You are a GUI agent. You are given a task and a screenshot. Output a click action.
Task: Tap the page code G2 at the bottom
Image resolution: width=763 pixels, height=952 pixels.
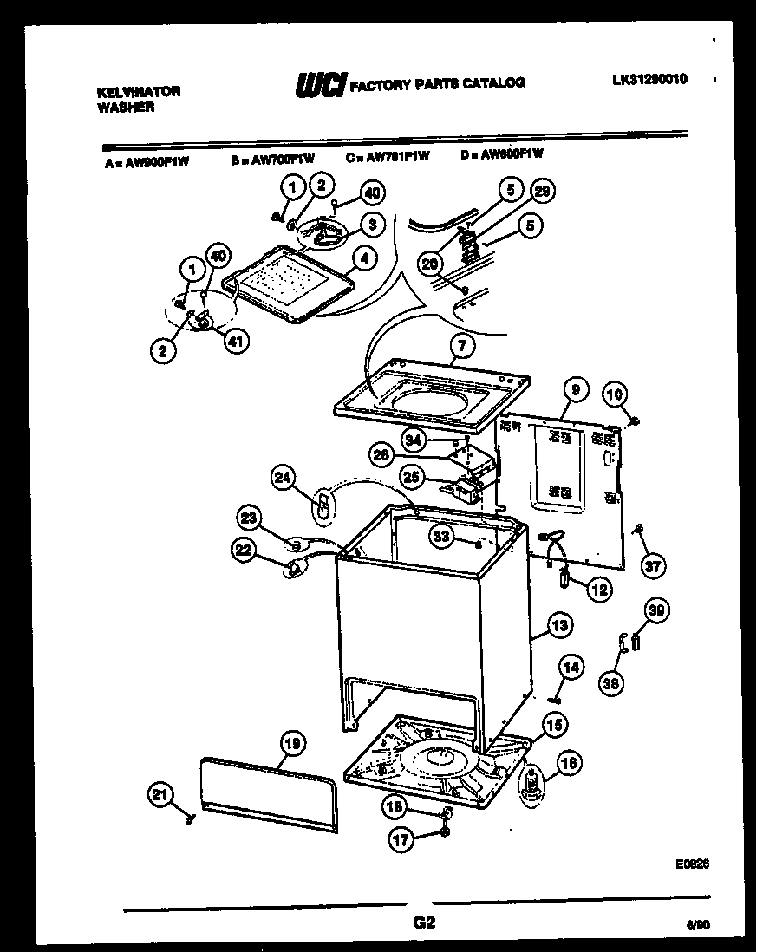(425, 923)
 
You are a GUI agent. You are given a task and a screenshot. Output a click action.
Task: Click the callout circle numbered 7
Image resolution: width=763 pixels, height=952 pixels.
(462, 346)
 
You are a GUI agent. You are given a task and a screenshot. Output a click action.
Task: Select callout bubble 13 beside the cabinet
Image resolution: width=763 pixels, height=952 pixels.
(559, 624)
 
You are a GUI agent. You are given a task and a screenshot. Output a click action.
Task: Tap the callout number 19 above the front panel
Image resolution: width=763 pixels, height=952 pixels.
(293, 742)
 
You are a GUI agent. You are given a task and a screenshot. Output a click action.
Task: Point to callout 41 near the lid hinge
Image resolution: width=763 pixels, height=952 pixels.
(234, 341)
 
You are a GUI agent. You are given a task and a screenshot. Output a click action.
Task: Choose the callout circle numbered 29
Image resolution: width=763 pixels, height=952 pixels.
(543, 192)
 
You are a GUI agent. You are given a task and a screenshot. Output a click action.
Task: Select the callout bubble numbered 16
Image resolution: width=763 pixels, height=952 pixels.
(569, 764)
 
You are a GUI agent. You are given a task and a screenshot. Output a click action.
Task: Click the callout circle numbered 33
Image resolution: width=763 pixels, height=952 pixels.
(442, 538)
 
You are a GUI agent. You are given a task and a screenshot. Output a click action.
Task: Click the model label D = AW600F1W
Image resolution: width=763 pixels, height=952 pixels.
(503, 154)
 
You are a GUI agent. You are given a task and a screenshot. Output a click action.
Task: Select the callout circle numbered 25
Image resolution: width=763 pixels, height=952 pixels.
(411, 476)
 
